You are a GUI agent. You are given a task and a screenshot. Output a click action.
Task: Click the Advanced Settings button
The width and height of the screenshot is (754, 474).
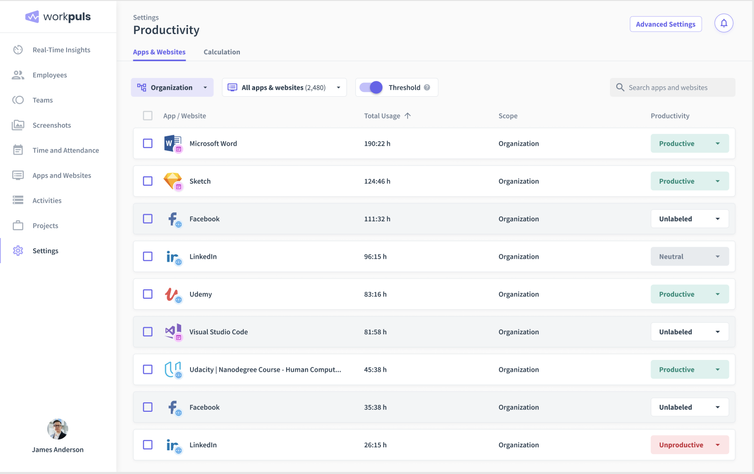tap(665, 24)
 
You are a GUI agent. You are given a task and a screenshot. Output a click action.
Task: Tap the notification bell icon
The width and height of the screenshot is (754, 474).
tap(723, 23)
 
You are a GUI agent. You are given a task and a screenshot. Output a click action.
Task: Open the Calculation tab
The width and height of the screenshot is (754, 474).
tap(222, 52)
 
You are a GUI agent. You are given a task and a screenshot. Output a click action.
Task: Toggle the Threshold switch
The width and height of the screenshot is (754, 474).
tap(371, 87)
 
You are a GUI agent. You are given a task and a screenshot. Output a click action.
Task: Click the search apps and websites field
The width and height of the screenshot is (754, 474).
tap(672, 87)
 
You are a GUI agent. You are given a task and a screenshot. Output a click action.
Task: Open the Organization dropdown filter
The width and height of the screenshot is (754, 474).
tap(172, 87)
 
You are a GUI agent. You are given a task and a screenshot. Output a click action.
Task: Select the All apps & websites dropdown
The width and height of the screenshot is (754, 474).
tap(284, 87)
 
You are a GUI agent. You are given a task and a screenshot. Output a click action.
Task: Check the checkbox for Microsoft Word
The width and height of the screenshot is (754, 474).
tap(148, 144)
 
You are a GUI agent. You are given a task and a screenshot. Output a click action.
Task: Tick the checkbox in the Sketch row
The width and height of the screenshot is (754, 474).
tap(148, 181)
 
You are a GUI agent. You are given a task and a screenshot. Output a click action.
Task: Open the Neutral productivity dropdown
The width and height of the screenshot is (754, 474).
tap(689, 257)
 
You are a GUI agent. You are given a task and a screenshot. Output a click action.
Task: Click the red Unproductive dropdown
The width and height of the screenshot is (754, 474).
tap(689, 445)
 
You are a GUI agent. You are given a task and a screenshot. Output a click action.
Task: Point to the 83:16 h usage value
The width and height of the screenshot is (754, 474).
tap(375, 294)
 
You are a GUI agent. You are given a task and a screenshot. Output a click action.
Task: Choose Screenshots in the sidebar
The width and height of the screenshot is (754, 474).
tap(51, 125)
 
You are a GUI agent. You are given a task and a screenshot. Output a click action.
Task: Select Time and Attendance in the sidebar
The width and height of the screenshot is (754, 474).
tap(65, 151)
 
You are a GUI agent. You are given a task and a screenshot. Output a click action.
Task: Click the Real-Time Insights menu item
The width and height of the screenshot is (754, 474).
tap(61, 50)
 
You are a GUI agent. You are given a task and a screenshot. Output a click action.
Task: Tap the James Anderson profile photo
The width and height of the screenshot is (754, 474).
tap(58, 429)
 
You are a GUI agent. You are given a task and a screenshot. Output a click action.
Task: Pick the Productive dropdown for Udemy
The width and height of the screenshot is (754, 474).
tap(689, 294)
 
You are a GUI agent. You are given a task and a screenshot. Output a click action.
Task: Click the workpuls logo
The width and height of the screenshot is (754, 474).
tap(58, 17)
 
